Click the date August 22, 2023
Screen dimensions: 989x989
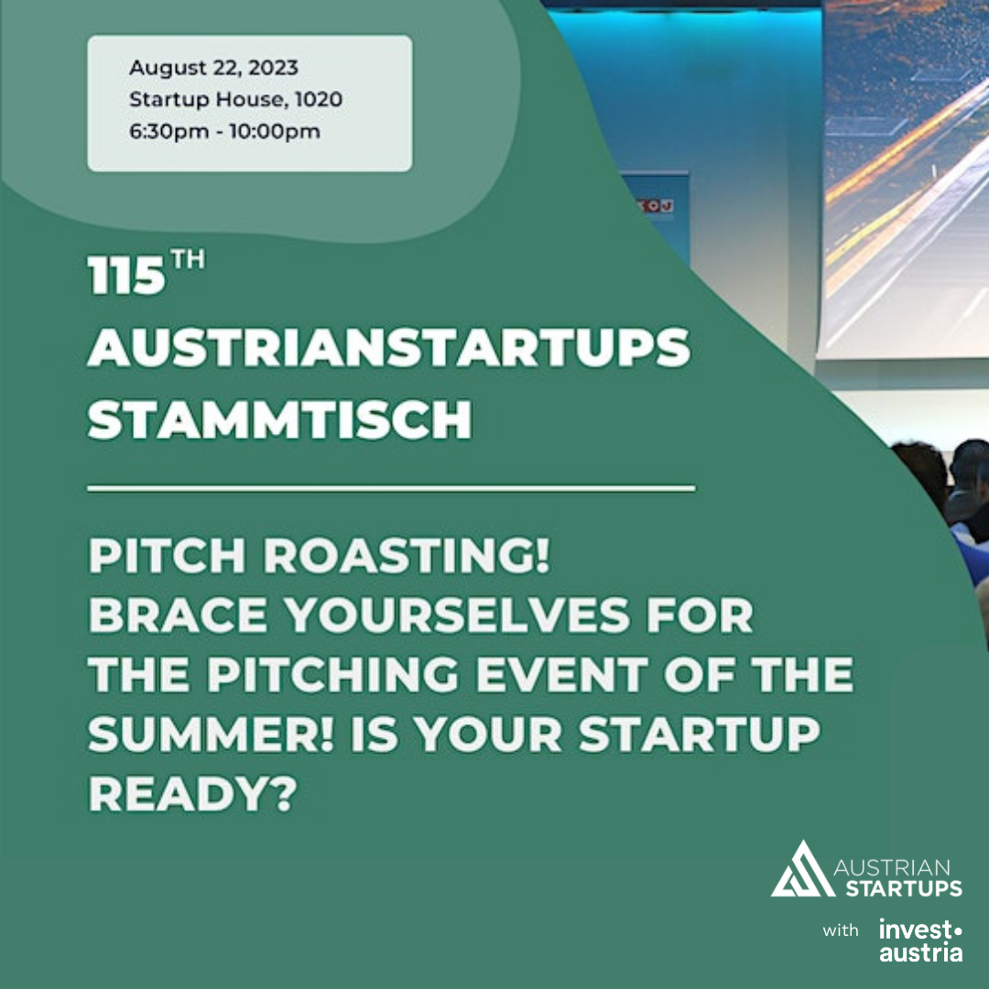coord(213,68)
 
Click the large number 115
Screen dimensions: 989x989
coord(126,275)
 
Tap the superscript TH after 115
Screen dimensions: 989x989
coord(188,259)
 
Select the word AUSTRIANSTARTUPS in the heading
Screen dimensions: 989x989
coord(388,347)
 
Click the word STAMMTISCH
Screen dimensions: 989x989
coord(279,418)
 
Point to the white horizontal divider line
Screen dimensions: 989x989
coord(391,487)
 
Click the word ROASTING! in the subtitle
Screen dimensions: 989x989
coord(407,555)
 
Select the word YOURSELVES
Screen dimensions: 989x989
coord(457,614)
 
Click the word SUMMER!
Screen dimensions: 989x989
coord(211,734)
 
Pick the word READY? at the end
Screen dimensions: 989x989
coord(192,793)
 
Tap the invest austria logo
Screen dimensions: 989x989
coord(921,940)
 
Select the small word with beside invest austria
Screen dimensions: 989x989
coord(841,930)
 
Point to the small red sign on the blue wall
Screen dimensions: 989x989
coord(657,206)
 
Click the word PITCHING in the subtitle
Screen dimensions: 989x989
coord(332,674)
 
